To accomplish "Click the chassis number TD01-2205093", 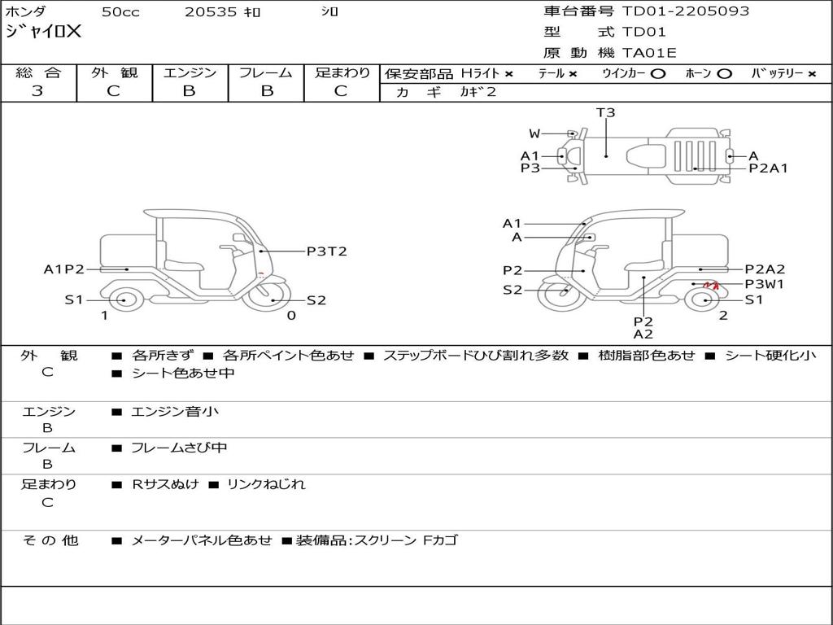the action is (x=685, y=11).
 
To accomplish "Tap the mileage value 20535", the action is (x=210, y=12).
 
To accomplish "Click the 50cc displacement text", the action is (x=120, y=12).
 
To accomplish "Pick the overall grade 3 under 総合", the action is (x=37, y=91).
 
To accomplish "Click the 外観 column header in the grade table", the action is (x=114, y=72).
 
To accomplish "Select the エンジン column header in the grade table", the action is (x=190, y=72).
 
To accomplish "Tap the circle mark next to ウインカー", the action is (x=657, y=74).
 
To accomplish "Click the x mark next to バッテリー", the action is (x=811, y=74).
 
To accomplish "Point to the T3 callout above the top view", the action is (x=605, y=112).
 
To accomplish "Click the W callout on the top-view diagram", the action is (x=534, y=134).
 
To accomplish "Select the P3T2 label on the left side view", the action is (x=327, y=251).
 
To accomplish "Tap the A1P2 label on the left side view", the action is (x=63, y=269).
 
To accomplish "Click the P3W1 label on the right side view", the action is (x=765, y=284).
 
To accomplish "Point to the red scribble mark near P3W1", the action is (x=711, y=286).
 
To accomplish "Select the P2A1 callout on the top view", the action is (x=768, y=168).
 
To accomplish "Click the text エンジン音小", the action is (x=175, y=411).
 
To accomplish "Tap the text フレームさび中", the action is (x=179, y=448).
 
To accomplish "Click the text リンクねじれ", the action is (x=266, y=484).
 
